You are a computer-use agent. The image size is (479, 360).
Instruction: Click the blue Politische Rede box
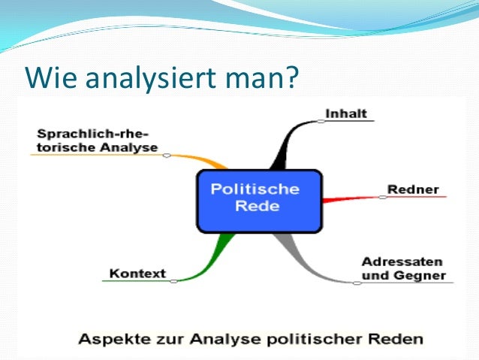[258, 200]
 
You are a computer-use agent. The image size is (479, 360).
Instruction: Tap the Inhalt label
[346, 113]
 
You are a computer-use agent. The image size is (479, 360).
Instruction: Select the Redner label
[413, 189]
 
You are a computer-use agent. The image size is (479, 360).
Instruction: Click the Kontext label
[137, 273]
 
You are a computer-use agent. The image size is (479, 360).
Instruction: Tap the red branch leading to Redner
[349, 197]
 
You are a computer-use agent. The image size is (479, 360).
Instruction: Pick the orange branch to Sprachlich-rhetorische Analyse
[206, 159]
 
